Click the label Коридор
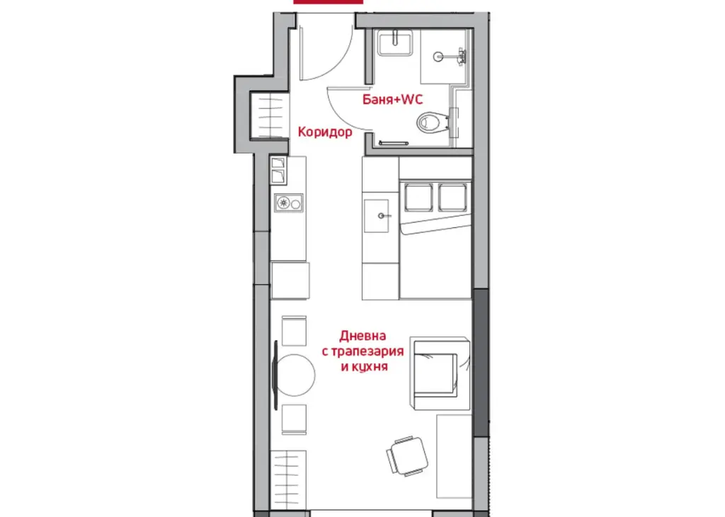[324, 132]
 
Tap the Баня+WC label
[392, 99]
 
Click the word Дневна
[362, 336]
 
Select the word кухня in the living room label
[370, 367]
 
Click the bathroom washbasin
[394, 43]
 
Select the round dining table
[296, 375]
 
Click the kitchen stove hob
[289, 203]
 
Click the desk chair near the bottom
[407, 456]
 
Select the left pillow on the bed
[418, 198]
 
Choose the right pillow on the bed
[452, 198]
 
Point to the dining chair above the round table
[294, 331]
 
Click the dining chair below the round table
[294, 419]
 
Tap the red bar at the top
[329, 2]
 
